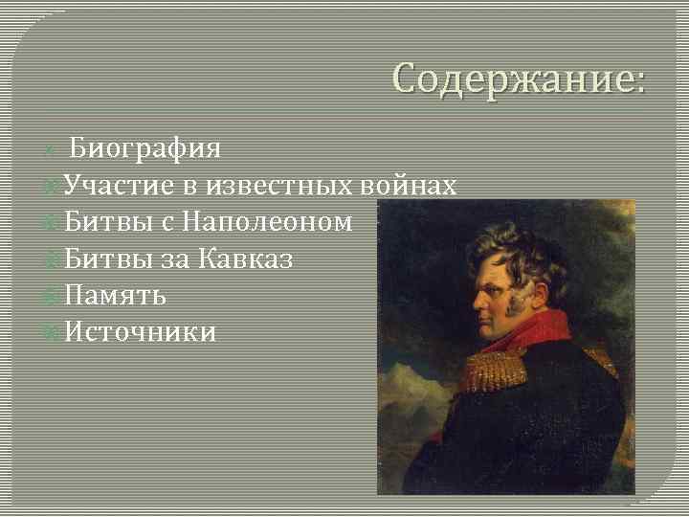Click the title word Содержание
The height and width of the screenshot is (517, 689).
click(518, 78)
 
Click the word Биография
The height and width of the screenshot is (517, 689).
click(145, 148)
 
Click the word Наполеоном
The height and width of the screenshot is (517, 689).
click(267, 222)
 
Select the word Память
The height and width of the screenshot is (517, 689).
click(116, 295)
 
